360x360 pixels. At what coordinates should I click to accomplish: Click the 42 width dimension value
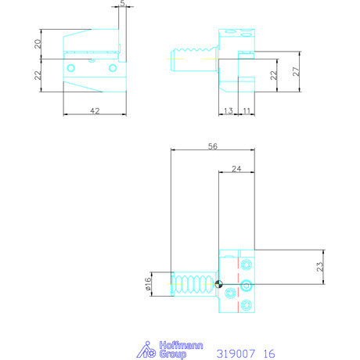coord(95,112)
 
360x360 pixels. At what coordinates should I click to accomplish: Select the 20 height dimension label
coord(37,44)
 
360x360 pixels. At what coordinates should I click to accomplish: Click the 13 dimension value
coord(228,112)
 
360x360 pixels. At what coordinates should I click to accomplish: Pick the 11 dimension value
coord(247,112)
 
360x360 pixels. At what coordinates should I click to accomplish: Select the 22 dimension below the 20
coord(37,75)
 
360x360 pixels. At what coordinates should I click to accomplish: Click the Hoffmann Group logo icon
coord(146,350)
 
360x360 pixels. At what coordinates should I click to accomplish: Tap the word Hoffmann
coord(172,346)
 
